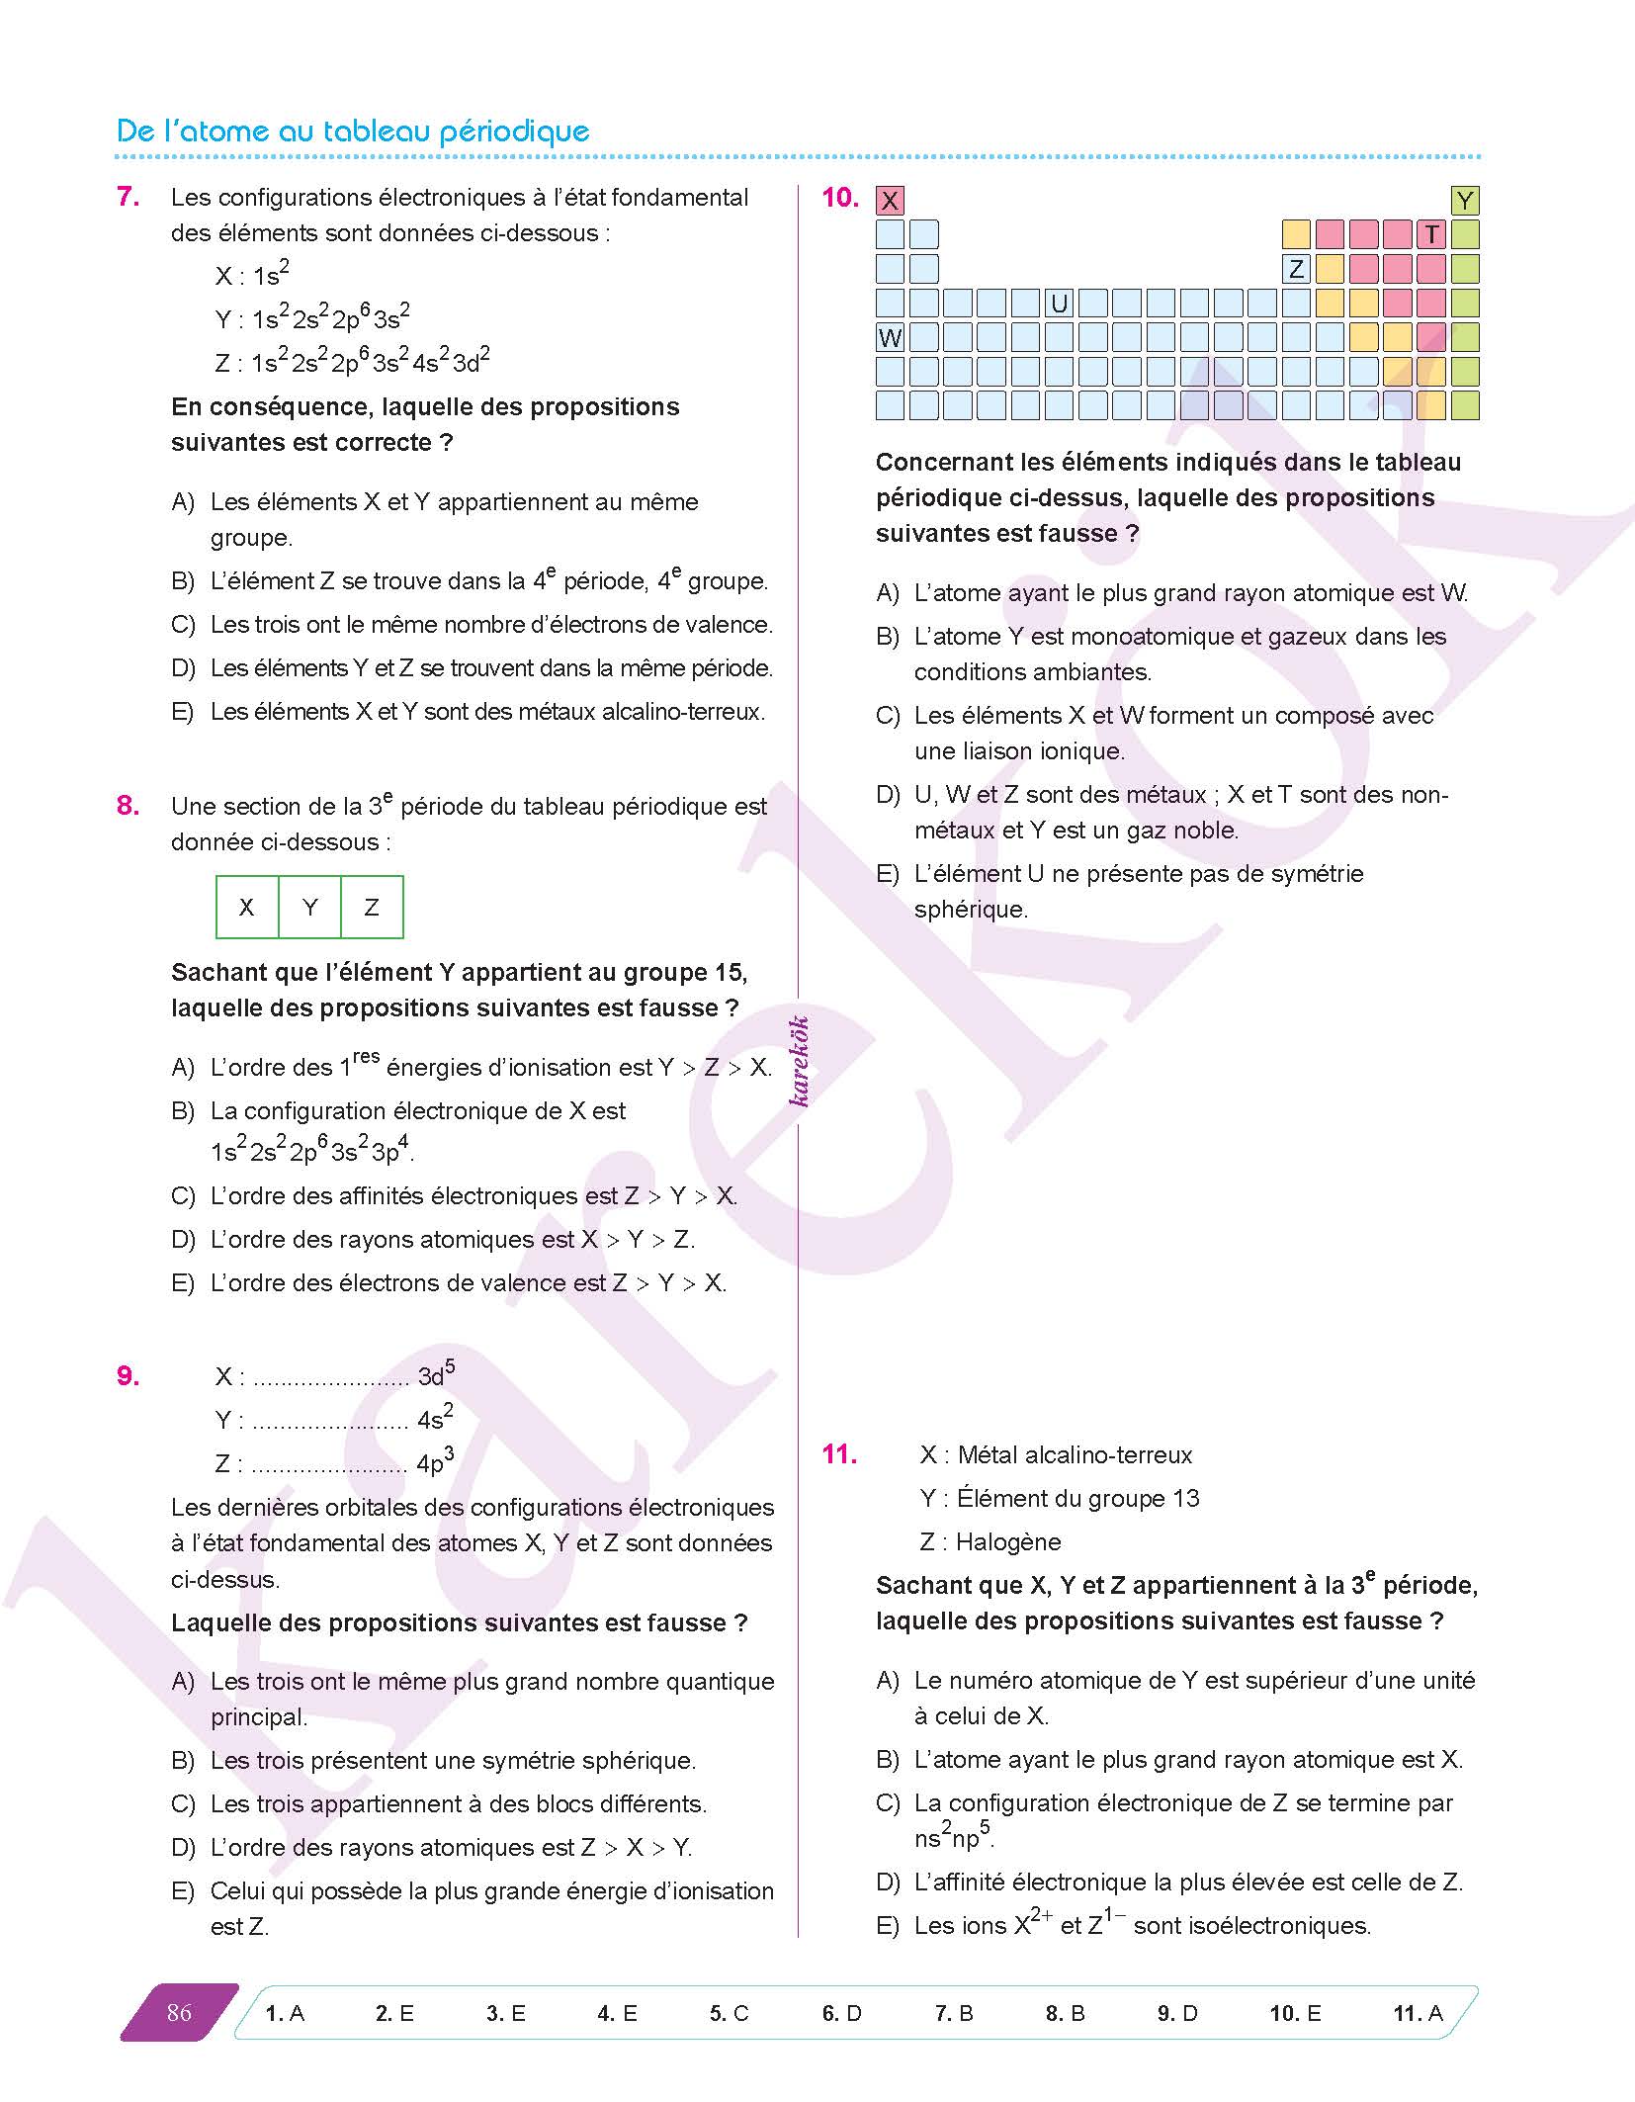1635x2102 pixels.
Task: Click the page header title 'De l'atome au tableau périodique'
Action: (x=353, y=131)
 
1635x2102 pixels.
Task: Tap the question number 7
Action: (x=129, y=197)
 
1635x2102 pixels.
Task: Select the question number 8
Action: (x=129, y=806)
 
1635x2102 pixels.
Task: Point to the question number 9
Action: (x=129, y=1375)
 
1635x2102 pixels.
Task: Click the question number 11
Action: (x=839, y=1454)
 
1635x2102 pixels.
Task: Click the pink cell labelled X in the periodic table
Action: (x=890, y=202)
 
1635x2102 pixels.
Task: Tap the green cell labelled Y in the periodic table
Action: (x=1465, y=202)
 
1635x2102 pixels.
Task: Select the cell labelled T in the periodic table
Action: (x=1430, y=235)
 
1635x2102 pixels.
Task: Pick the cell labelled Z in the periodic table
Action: (x=1296, y=269)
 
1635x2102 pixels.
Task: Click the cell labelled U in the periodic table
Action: (x=1060, y=304)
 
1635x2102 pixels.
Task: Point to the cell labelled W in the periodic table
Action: (x=890, y=338)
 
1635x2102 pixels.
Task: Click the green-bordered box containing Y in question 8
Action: (x=309, y=907)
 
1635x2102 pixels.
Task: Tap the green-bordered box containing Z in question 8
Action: (x=372, y=907)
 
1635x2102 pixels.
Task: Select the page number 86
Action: (x=179, y=2012)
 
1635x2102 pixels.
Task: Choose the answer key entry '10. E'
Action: (x=1295, y=2013)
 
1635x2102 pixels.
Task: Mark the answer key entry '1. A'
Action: (x=285, y=2013)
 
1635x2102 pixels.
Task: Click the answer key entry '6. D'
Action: (x=841, y=2013)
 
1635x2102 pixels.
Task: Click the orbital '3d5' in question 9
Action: (x=436, y=1374)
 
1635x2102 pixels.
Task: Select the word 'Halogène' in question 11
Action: (x=1008, y=1541)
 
